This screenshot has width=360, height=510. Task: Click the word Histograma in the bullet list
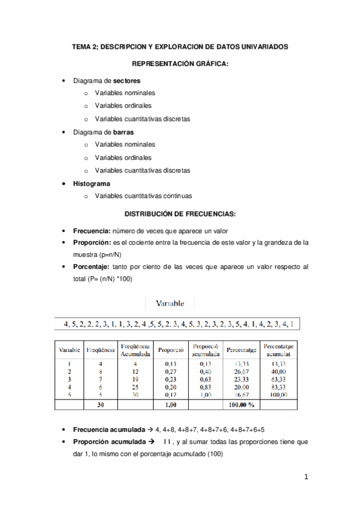pos(91,183)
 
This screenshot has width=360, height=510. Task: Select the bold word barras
pos(123,132)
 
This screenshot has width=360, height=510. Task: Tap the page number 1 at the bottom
pos(306,478)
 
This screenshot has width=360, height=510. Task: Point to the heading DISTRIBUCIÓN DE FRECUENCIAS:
pos(180,214)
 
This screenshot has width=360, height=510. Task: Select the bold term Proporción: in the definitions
pos(91,243)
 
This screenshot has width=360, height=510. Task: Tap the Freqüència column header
pos(100,349)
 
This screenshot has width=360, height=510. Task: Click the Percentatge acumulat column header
pos(278,349)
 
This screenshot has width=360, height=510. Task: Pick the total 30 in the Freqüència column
pos(100,405)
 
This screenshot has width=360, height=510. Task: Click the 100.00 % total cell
pos(240,405)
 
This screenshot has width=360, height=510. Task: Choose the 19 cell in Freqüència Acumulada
pos(135,379)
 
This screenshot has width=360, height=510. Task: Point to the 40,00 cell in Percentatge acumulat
pos(278,372)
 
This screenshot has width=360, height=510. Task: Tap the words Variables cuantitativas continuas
pos(143,196)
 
